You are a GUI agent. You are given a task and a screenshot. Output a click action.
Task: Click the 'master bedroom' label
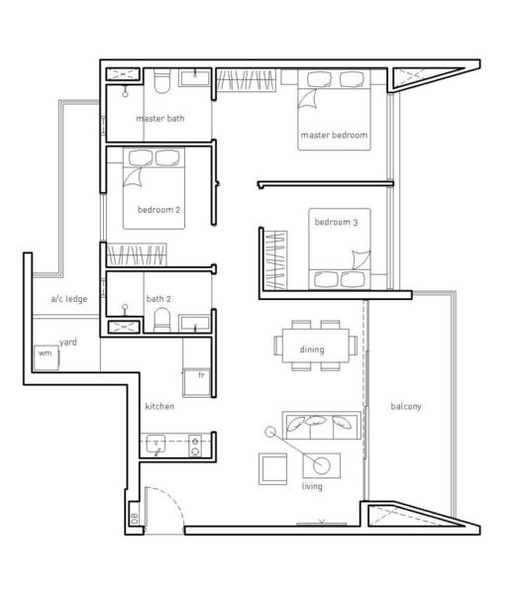pos(334,135)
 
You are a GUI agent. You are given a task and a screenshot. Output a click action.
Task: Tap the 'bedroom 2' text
pos(158,210)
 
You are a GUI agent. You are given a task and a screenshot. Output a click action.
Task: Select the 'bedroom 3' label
pos(336,222)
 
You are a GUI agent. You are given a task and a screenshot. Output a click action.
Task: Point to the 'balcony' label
pos(406,407)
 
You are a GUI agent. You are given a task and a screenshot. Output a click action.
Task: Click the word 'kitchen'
pos(159,406)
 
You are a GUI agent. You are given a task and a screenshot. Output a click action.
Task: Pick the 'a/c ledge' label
pos(69,299)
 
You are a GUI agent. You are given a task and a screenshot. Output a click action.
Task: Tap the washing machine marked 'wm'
pos(47,357)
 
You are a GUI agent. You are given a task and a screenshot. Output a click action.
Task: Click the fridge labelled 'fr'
pos(197,383)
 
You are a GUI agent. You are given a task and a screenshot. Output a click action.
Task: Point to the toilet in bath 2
pos(162,320)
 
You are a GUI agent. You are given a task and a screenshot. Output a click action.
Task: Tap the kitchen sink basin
pos(155,444)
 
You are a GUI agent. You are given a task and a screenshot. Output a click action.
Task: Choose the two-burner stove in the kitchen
pos(195,445)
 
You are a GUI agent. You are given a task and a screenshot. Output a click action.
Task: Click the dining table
pos(315,346)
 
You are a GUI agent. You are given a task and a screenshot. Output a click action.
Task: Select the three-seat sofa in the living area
pos(322,425)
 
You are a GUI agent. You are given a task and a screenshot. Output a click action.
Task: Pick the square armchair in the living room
pos(272,469)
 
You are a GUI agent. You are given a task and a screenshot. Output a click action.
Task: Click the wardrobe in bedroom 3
pos(275,260)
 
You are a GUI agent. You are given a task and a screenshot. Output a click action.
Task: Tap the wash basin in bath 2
pos(194,323)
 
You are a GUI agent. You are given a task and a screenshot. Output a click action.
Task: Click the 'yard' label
pos(68,343)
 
